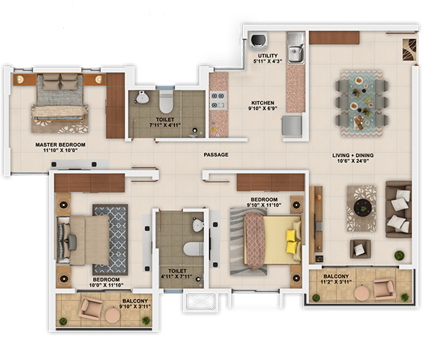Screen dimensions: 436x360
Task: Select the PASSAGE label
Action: coord(216,155)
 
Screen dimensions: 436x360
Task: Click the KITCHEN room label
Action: coord(263,102)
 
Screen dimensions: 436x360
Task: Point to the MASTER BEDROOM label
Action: coord(61,145)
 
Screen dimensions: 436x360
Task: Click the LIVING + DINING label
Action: coord(352,156)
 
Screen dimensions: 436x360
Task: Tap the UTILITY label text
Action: coord(268,55)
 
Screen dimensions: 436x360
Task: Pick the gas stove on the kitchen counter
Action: coord(218,101)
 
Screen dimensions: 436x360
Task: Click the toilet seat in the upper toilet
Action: coord(166,102)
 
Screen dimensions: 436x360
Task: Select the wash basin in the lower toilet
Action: coord(197,224)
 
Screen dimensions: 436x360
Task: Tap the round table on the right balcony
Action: coord(363,293)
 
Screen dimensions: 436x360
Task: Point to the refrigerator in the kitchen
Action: coord(292,126)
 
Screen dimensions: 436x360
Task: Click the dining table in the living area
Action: coord(362,104)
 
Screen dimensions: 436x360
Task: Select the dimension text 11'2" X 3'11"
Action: coord(336,282)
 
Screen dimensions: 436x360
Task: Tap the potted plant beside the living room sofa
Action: coord(399,256)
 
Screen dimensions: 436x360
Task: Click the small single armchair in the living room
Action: coord(360,248)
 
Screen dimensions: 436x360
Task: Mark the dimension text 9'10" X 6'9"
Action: coord(263,108)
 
